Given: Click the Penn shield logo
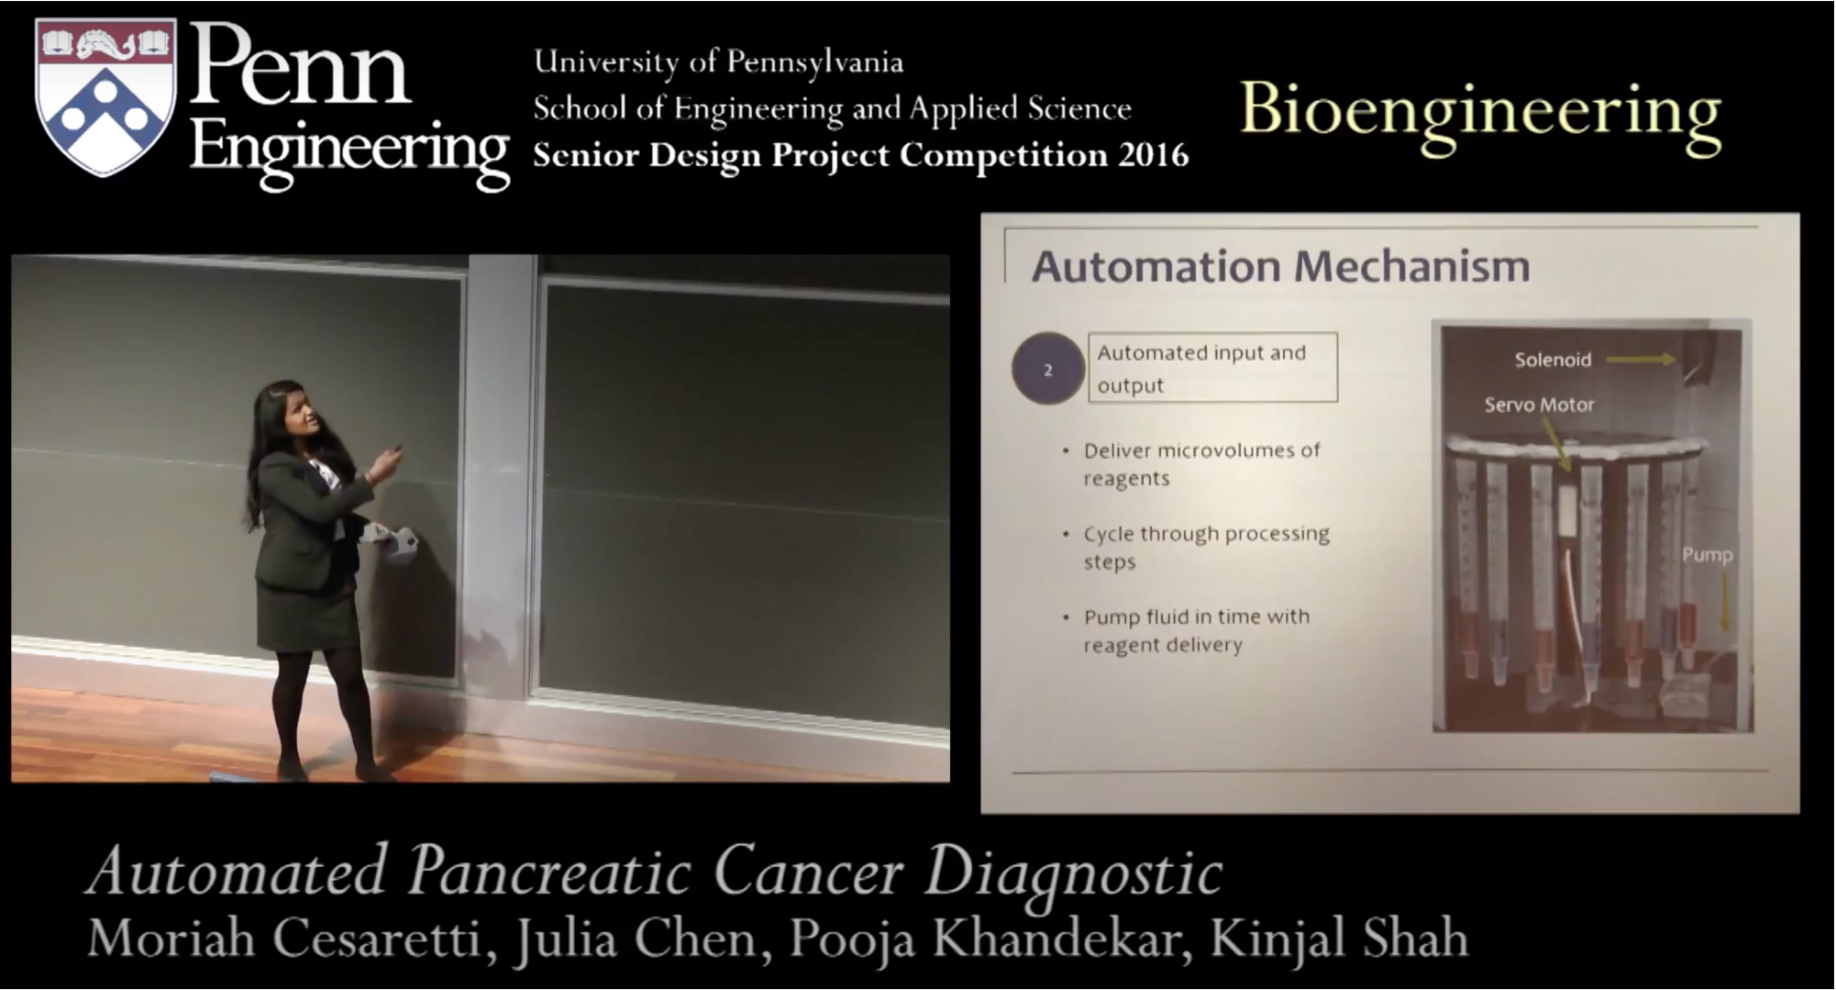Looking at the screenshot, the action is tap(105, 96).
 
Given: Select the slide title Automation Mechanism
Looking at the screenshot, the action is tap(1280, 266).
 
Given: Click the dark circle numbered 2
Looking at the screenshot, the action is tap(1047, 369).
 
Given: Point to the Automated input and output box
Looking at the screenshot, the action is tap(1212, 367).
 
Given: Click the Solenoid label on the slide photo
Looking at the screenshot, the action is tap(1553, 360).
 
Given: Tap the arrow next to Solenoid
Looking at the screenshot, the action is tap(1641, 360).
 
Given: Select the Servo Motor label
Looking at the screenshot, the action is tap(1539, 405).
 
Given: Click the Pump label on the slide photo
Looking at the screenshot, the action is tap(1707, 554).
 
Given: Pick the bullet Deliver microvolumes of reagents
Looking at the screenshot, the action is tap(1192, 464).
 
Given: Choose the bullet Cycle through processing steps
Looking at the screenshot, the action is tap(1196, 548).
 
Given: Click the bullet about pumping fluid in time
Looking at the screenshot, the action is tap(1187, 630).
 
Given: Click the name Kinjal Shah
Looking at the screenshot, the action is tap(1339, 939).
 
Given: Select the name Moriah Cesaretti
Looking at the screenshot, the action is tap(284, 939).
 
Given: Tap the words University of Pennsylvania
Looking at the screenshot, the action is tap(718, 62).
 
